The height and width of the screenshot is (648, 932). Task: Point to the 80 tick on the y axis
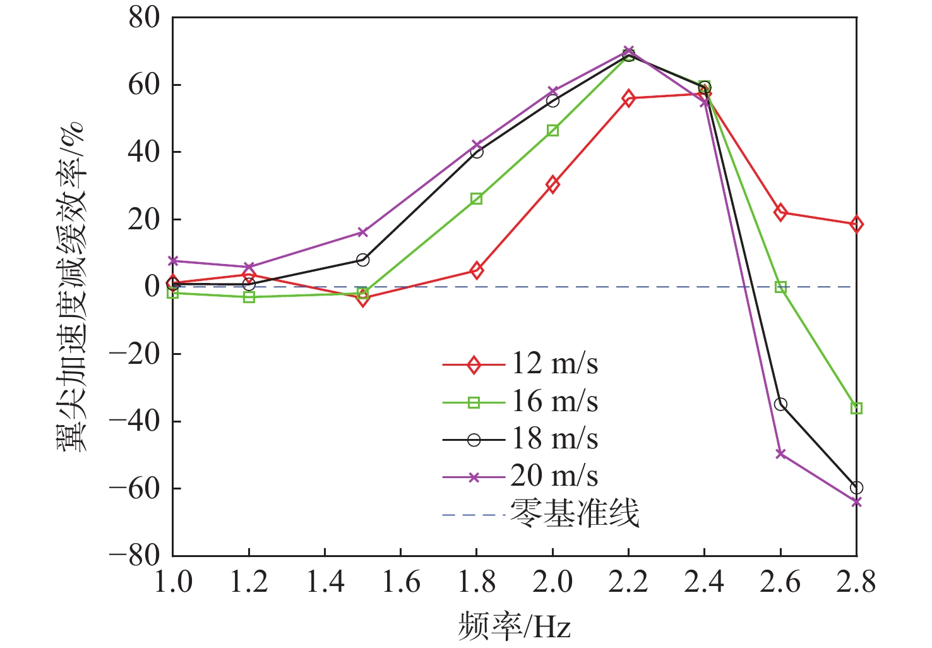click(145, 18)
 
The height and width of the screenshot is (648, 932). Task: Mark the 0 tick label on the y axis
click(152, 287)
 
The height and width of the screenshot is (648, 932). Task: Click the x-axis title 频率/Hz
click(514, 627)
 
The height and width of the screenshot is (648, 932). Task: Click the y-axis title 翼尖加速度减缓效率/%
click(71, 286)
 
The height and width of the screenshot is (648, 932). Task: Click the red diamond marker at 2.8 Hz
click(856, 224)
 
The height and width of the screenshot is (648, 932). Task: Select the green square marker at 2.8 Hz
click(856, 409)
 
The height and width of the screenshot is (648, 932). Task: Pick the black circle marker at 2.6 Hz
click(780, 404)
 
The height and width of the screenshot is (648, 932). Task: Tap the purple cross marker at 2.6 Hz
click(780, 453)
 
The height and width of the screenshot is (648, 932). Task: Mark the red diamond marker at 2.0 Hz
click(553, 184)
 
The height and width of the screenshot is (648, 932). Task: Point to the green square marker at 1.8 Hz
click(477, 199)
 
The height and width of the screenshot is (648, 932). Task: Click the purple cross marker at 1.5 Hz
click(362, 232)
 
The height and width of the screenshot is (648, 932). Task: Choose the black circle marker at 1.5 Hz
click(362, 260)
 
